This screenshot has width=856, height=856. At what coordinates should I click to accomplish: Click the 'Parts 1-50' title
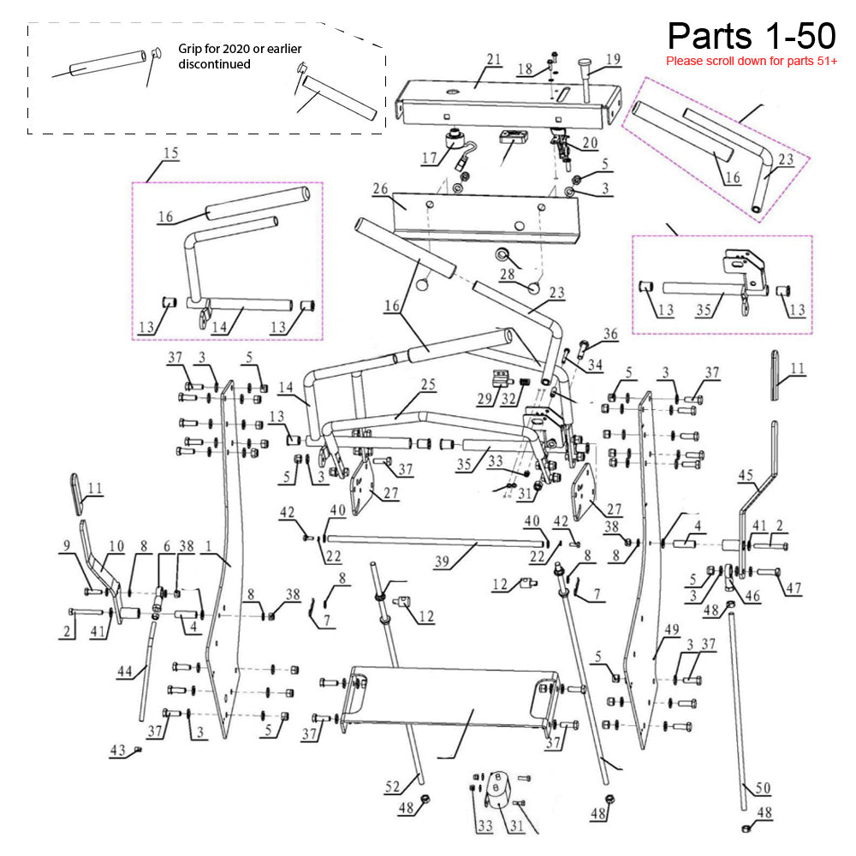pos(751,36)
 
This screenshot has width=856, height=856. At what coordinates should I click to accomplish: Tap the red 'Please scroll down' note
pos(751,62)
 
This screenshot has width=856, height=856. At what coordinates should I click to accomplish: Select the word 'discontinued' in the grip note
pos(215,64)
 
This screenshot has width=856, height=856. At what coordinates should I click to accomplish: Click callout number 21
pos(492,59)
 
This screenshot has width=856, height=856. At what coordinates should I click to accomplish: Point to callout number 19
pos(612,59)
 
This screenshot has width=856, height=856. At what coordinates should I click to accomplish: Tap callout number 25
pos(428,385)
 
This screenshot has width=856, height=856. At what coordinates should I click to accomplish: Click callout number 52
pos(392,787)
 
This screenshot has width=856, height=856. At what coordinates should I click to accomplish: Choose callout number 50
pos(763,788)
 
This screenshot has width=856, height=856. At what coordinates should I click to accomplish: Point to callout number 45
pos(746,475)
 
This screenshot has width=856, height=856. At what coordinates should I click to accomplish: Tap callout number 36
pos(609,334)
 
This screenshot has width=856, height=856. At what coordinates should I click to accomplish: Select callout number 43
pos(118,751)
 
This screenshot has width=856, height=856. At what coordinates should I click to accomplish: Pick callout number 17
pos(429,158)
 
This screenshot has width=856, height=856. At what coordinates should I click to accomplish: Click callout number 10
pos(116,544)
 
